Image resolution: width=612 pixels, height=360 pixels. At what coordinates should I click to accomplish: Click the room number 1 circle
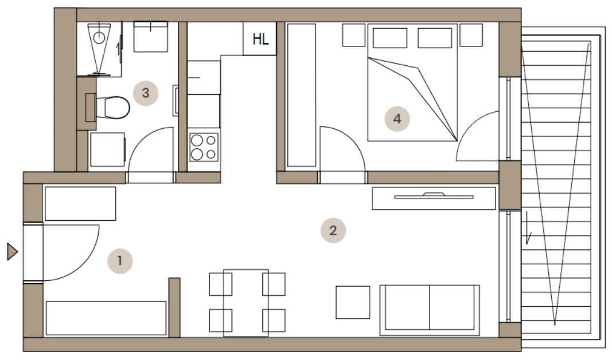(x=120, y=261)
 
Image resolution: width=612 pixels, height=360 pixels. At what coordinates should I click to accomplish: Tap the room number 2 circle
(x=333, y=230)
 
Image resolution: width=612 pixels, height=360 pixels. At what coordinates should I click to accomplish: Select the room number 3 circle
(x=146, y=93)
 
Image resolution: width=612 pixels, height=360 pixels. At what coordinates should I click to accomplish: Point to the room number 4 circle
(x=397, y=119)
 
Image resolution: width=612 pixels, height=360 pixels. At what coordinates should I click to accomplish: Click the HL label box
(x=260, y=38)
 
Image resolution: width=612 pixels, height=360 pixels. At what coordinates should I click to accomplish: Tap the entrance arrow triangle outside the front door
(x=13, y=252)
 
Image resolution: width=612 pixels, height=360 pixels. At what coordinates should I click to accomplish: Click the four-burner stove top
(x=204, y=147)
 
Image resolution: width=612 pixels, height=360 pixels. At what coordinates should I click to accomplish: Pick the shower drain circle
(x=100, y=38)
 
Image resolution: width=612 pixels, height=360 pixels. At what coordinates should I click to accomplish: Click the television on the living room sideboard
(x=434, y=196)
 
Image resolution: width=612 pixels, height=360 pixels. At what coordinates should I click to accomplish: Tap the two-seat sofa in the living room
(x=430, y=310)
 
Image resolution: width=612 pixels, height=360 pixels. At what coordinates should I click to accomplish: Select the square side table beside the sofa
(x=353, y=302)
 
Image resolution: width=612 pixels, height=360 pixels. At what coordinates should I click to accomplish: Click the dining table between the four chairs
(x=246, y=303)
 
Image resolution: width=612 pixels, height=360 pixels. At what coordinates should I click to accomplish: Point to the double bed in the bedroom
(x=412, y=83)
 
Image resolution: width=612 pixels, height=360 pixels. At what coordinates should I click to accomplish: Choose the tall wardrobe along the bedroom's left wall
(x=301, y=95)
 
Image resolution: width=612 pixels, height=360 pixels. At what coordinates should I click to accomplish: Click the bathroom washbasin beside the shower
(x=151, y=37)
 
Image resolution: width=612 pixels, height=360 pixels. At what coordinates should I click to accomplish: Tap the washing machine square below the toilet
(x=107, y=150)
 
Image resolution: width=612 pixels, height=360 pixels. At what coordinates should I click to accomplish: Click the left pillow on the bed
(x=390, y=38)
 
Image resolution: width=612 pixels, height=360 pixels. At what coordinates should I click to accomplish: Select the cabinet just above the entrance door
(x=80, y=204)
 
